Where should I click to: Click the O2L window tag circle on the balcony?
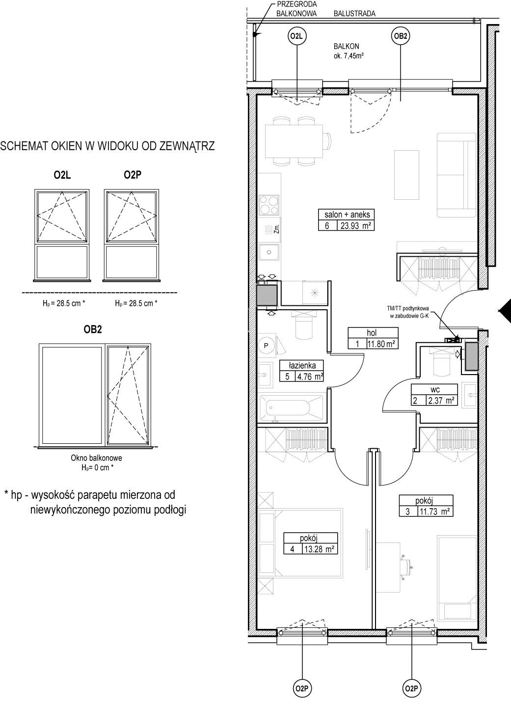coord(297,36)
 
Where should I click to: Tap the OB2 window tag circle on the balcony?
coord(401,36)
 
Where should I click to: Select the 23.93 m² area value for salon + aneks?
coord(356,226)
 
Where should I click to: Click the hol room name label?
coord(372,332)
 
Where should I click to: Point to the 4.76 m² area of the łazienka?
coord(310,376)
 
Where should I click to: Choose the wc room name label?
coord(435,390)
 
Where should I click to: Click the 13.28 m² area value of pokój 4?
coord(319,549)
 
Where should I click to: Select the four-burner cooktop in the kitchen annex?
coord(269,205)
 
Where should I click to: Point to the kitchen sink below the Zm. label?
coord(269,252)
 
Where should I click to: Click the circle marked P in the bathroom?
coord(266,346)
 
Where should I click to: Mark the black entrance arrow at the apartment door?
coord(505,311)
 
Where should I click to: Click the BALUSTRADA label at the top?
coord(354,14)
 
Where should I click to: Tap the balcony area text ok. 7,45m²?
coord(349,56)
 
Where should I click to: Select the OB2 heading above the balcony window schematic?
coord(93,330)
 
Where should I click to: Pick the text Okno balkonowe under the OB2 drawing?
coord(96,458)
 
